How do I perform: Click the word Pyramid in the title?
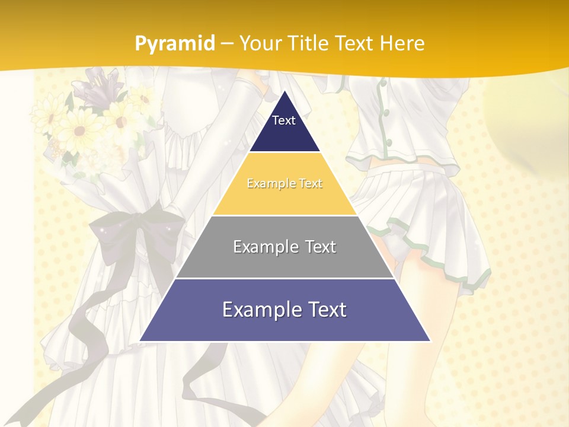coord(175,43)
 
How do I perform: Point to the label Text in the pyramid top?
coord(284,120)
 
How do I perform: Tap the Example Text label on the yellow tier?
coord(284,184)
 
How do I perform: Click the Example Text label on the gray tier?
coord(284,247)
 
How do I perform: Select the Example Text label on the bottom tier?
coord(284,310)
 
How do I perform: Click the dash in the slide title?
coord(228,43)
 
